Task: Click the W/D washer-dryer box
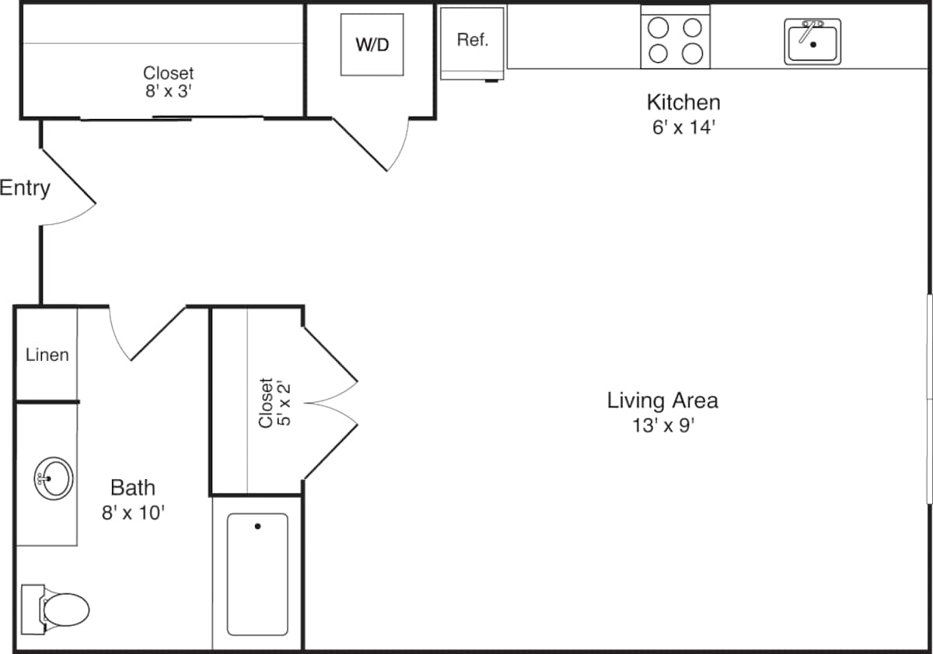372,44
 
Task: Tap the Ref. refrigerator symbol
472,44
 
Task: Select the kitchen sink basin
812,42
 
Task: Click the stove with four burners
675,37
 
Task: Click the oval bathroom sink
54,478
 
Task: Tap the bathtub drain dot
257,526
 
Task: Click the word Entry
25,188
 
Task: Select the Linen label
47,355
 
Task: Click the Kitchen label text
683,103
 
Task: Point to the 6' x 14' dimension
683,128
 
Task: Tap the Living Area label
662,400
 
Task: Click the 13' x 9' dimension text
663,425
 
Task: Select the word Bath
133,488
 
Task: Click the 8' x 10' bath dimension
133,512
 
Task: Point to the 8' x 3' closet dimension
168,91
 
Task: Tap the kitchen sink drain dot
813,44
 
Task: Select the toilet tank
33,610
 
